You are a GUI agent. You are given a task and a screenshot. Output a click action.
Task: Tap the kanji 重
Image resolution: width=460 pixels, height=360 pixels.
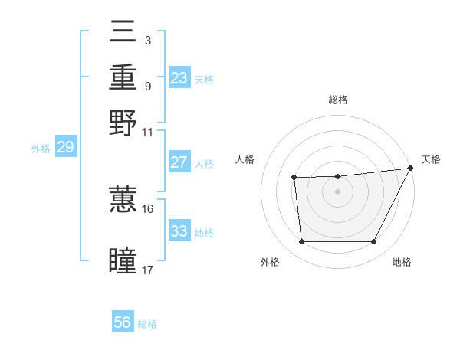coord(123,78)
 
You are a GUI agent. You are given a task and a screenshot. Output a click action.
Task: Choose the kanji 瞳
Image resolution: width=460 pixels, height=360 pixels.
coord(123,260)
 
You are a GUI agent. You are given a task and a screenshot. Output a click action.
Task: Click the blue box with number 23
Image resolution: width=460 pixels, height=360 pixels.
coord(179,78)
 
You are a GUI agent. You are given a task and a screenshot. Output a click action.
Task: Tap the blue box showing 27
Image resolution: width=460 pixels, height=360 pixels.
coord(179,162)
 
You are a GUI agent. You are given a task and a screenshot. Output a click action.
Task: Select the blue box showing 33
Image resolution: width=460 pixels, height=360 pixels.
coord(179,231)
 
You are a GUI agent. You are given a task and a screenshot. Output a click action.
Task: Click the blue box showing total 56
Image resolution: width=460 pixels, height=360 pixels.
coord(123,322)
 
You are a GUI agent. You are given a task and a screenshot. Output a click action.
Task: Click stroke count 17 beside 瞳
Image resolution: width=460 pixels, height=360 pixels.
coord(147,270)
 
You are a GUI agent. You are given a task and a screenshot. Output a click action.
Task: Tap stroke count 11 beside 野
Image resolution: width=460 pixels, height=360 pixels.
coord(147,132)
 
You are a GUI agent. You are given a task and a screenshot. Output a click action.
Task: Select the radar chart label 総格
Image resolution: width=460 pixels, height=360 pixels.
coord(337,100)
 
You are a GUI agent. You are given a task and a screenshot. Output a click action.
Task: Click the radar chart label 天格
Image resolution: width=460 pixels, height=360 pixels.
coord(431,159)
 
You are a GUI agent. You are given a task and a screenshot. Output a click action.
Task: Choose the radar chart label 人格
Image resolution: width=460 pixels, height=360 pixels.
coord(245,159)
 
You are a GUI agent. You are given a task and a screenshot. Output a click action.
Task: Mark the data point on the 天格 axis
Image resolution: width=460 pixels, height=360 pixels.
coord(411,168)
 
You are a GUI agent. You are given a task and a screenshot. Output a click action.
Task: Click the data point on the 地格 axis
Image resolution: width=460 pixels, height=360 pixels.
coord(374,242)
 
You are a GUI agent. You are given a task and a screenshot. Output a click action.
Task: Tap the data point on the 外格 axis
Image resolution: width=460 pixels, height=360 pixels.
coord(301,242)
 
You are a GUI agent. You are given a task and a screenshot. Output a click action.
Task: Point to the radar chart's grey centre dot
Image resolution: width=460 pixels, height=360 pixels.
coord(337,191)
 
